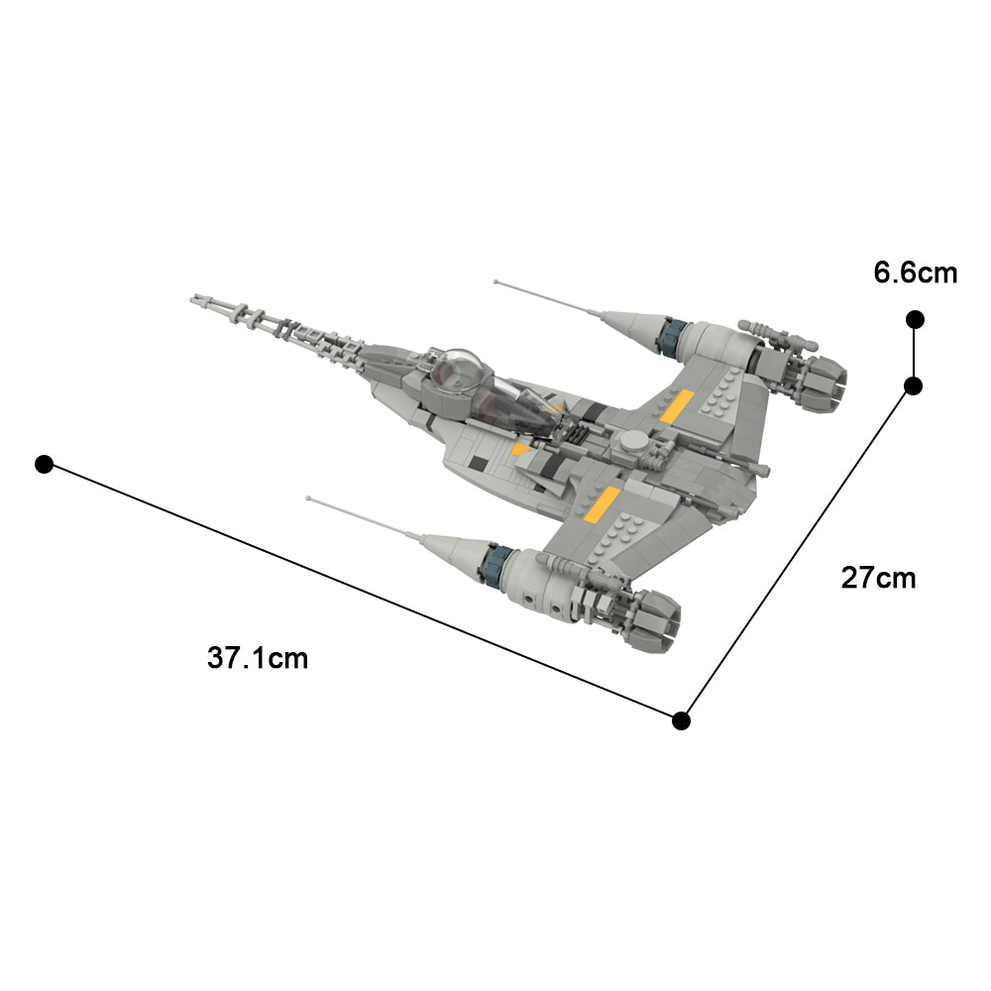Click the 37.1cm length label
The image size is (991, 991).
258,657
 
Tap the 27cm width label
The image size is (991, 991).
878,577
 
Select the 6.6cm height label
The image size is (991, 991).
916,273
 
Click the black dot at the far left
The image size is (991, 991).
44,464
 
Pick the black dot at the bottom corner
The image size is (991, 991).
681,720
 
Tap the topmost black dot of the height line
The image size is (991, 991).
915,319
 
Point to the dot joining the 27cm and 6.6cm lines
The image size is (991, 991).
913,385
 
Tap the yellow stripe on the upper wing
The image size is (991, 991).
676,406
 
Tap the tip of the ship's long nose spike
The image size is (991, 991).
195,296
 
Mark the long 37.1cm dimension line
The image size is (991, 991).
362,592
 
